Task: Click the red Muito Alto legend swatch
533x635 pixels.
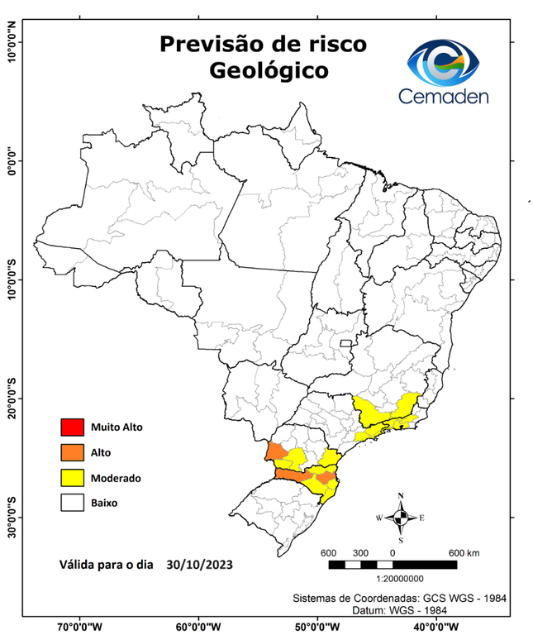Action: point(72,427)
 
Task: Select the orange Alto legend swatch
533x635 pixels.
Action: point(72,452)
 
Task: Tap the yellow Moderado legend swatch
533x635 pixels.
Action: point(72,477)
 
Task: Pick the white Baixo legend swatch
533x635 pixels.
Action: point(72,502)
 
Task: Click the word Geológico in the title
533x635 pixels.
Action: point(268,71)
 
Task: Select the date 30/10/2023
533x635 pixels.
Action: point(198,566)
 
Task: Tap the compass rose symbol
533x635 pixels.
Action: point(400,518)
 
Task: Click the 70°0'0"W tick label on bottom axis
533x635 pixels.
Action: point(80,626)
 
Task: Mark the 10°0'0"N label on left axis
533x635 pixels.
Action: point(11,42)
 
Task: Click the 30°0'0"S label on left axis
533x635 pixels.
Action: point(11,518)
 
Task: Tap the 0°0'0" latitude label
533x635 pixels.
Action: point(11,160)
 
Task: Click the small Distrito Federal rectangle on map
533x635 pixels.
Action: point(346,341)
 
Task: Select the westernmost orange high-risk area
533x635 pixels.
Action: point(275,452)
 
